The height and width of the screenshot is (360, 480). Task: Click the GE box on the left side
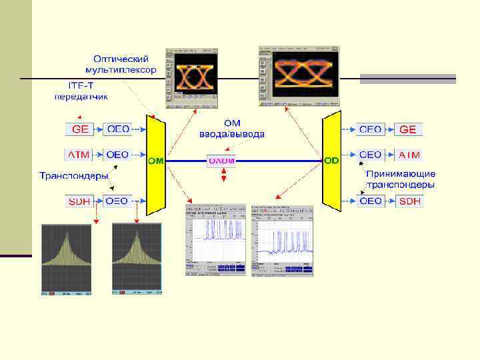click(x=79, y=129)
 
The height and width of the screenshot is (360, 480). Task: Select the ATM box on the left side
click(x=79, y=155)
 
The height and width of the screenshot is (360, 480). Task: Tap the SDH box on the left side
click(x=79, y=201)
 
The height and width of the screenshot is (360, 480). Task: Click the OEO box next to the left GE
click(x=118, y=129)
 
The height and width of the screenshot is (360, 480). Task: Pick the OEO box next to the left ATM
click(x=118, y=155)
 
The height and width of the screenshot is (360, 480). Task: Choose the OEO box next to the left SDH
click(x=118, y=201)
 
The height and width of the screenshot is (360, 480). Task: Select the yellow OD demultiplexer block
click(x=331, y=161)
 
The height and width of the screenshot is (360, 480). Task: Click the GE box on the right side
click(x=408, y=129)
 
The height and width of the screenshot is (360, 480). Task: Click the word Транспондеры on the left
click(x=73, y=177)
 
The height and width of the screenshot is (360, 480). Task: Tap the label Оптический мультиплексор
click(x=121, y=64)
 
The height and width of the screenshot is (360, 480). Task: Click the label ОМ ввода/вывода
click(x=231, y=129)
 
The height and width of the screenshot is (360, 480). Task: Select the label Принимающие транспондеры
click(x=400, y=179)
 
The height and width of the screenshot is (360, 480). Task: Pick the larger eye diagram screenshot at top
click(x=299, y=75)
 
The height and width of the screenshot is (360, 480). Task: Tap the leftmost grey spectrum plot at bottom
click(x=66, y=259)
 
